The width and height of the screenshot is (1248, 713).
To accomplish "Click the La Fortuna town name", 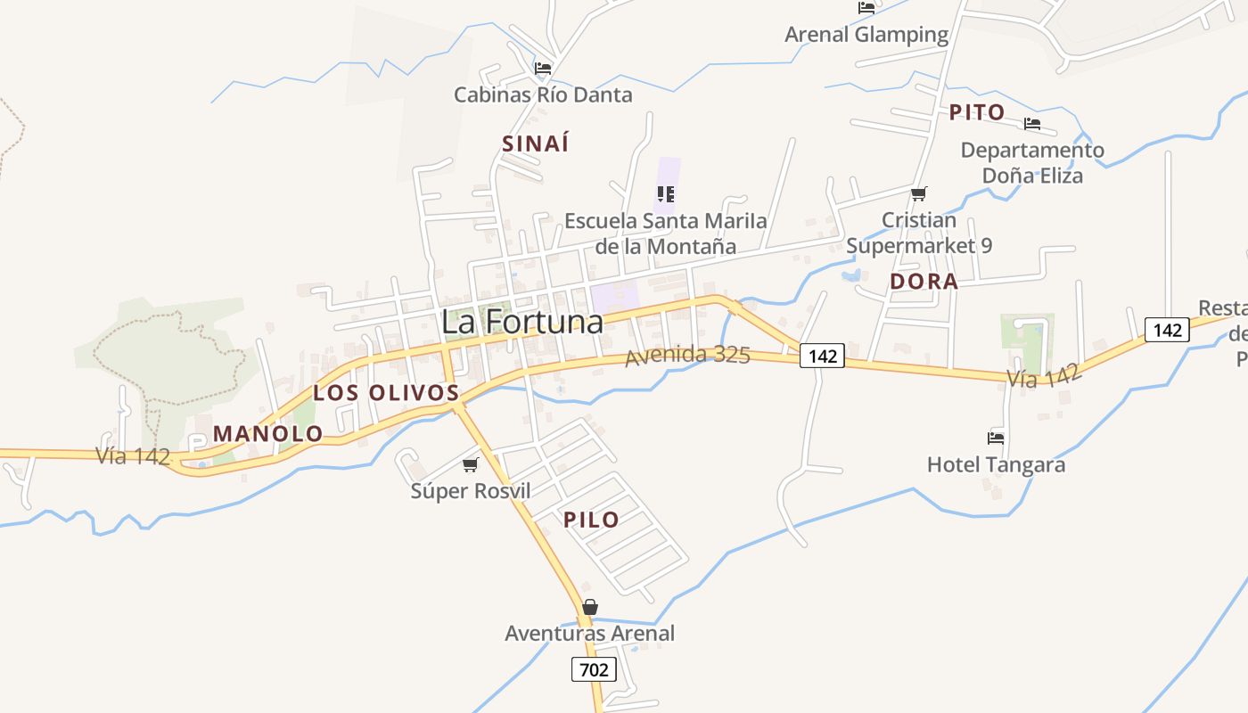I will click(x=522, y=323).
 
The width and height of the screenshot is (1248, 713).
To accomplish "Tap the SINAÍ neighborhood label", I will click(x=535, y=143).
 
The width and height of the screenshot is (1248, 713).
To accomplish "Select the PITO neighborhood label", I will click(x=977, y=112).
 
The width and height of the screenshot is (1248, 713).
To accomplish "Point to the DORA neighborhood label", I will click(x=924, y=282).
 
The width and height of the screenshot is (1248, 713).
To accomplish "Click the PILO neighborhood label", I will click(x=591, y=520).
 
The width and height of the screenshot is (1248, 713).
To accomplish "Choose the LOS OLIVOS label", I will click(x=386, y=392).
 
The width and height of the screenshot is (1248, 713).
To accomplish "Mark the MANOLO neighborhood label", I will click(x=267, y=434).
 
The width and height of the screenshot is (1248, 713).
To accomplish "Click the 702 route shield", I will click(x=594, y=668).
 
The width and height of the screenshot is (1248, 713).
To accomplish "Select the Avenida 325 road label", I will click(x=687, y=356).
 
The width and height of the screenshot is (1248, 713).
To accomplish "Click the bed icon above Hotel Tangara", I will click(x=996, y=438).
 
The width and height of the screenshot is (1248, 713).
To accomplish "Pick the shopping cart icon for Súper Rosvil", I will click(x=471, y=464).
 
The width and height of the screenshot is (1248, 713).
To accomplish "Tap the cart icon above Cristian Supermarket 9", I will click(x=918, y=193).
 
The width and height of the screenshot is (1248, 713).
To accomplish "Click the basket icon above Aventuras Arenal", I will click(x=589, y=607).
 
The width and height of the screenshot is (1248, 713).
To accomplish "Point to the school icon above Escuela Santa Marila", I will click(x=665, y=193).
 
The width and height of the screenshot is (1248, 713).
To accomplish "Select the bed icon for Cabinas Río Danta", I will click(x=543, y=68).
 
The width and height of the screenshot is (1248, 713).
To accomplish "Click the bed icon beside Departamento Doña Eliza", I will click(x=1032, y=124).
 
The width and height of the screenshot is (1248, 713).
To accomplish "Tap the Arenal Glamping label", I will click(x=854, y=35).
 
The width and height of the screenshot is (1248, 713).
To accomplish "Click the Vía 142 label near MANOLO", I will click(x=133, y=456).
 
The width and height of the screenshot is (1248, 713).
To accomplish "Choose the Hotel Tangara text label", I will click(x=996, y=464).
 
